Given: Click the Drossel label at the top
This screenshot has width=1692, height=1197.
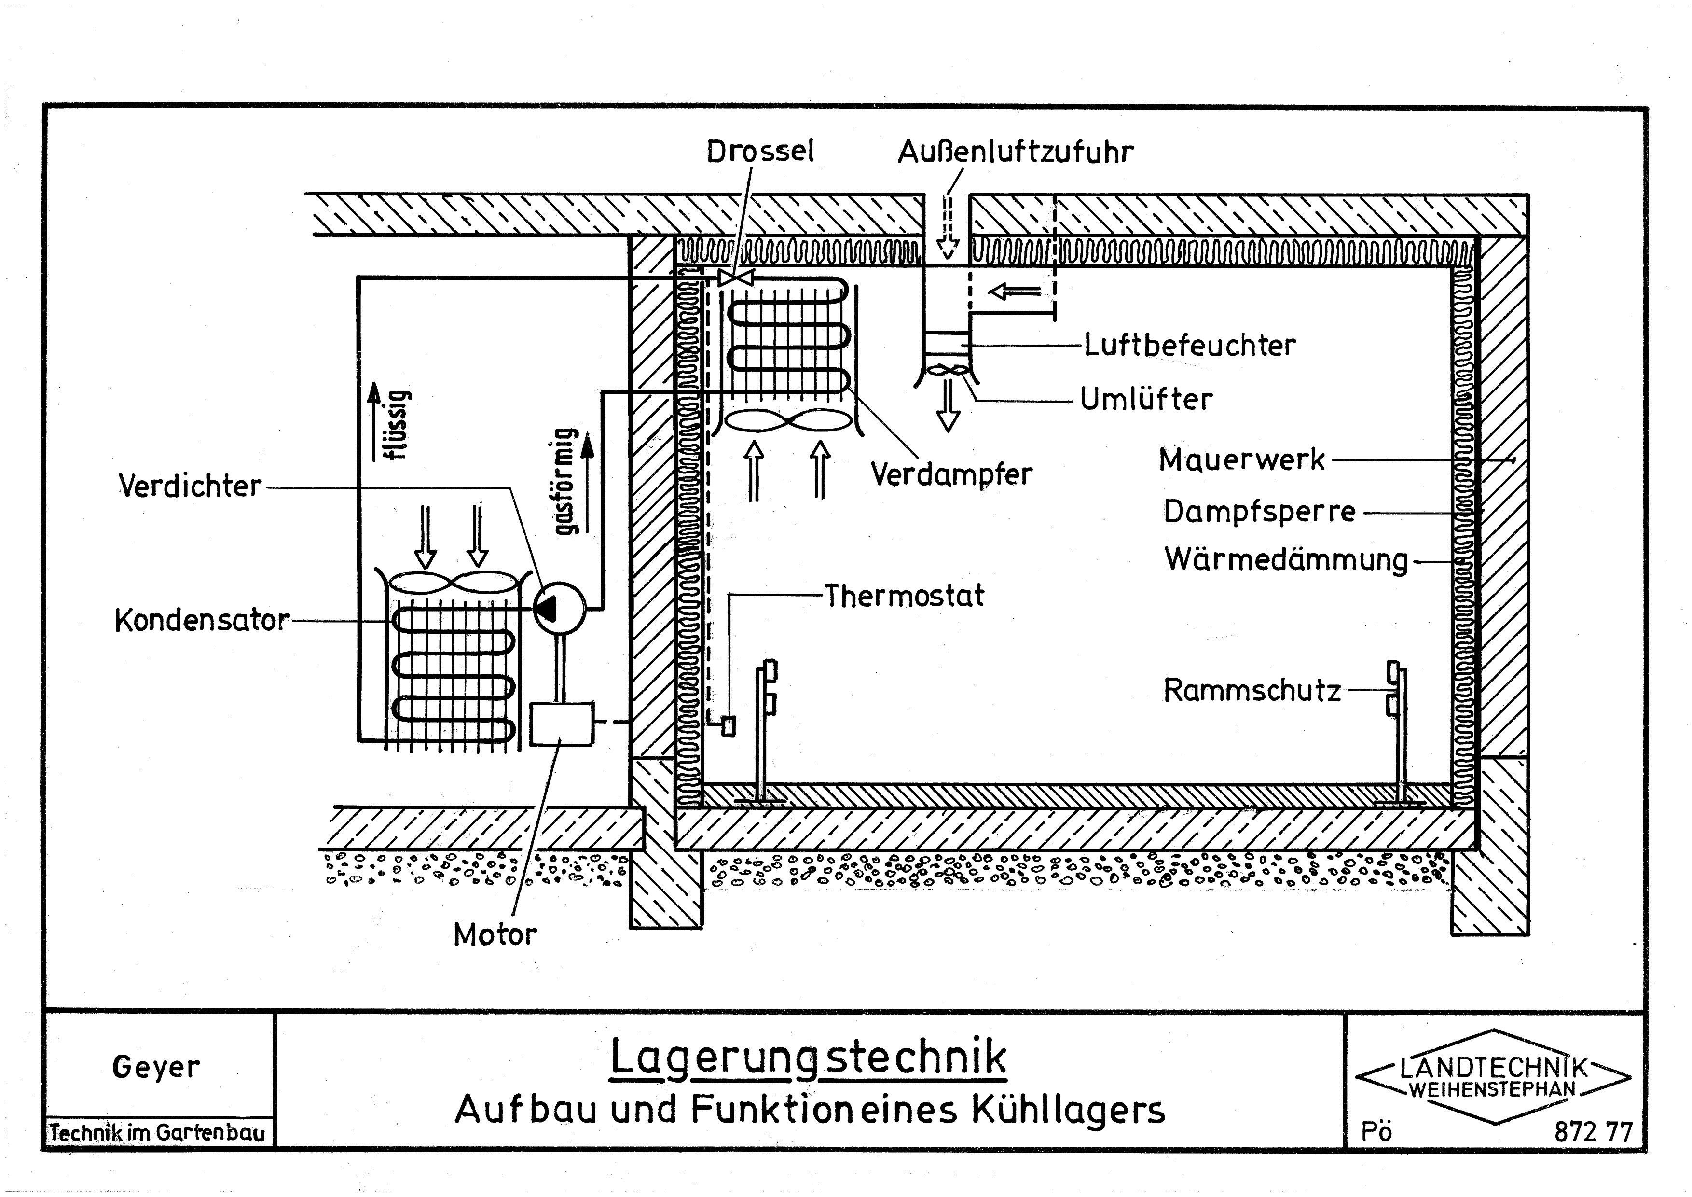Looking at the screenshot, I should click(x=760, y=152).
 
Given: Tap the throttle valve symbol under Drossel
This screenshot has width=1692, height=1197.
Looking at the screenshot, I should click(x=735, y=278).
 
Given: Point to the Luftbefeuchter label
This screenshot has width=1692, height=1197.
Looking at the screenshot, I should click(x=1189, y=345).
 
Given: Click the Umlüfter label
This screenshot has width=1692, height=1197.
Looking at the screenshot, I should click(x=1146, y=400).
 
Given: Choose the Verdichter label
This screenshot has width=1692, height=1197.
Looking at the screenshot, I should click(x=190, y=487).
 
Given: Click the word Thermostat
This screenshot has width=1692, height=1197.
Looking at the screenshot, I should click(x=904, y=596).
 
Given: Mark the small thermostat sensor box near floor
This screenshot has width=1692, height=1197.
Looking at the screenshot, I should click(x=728, y=726).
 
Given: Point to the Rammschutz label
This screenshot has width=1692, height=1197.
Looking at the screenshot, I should click(x=1252, y=691).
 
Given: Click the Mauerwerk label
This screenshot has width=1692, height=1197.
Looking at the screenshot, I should click(x=1242, y=460).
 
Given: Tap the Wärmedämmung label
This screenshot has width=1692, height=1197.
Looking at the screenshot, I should click(x=1286, y=559).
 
